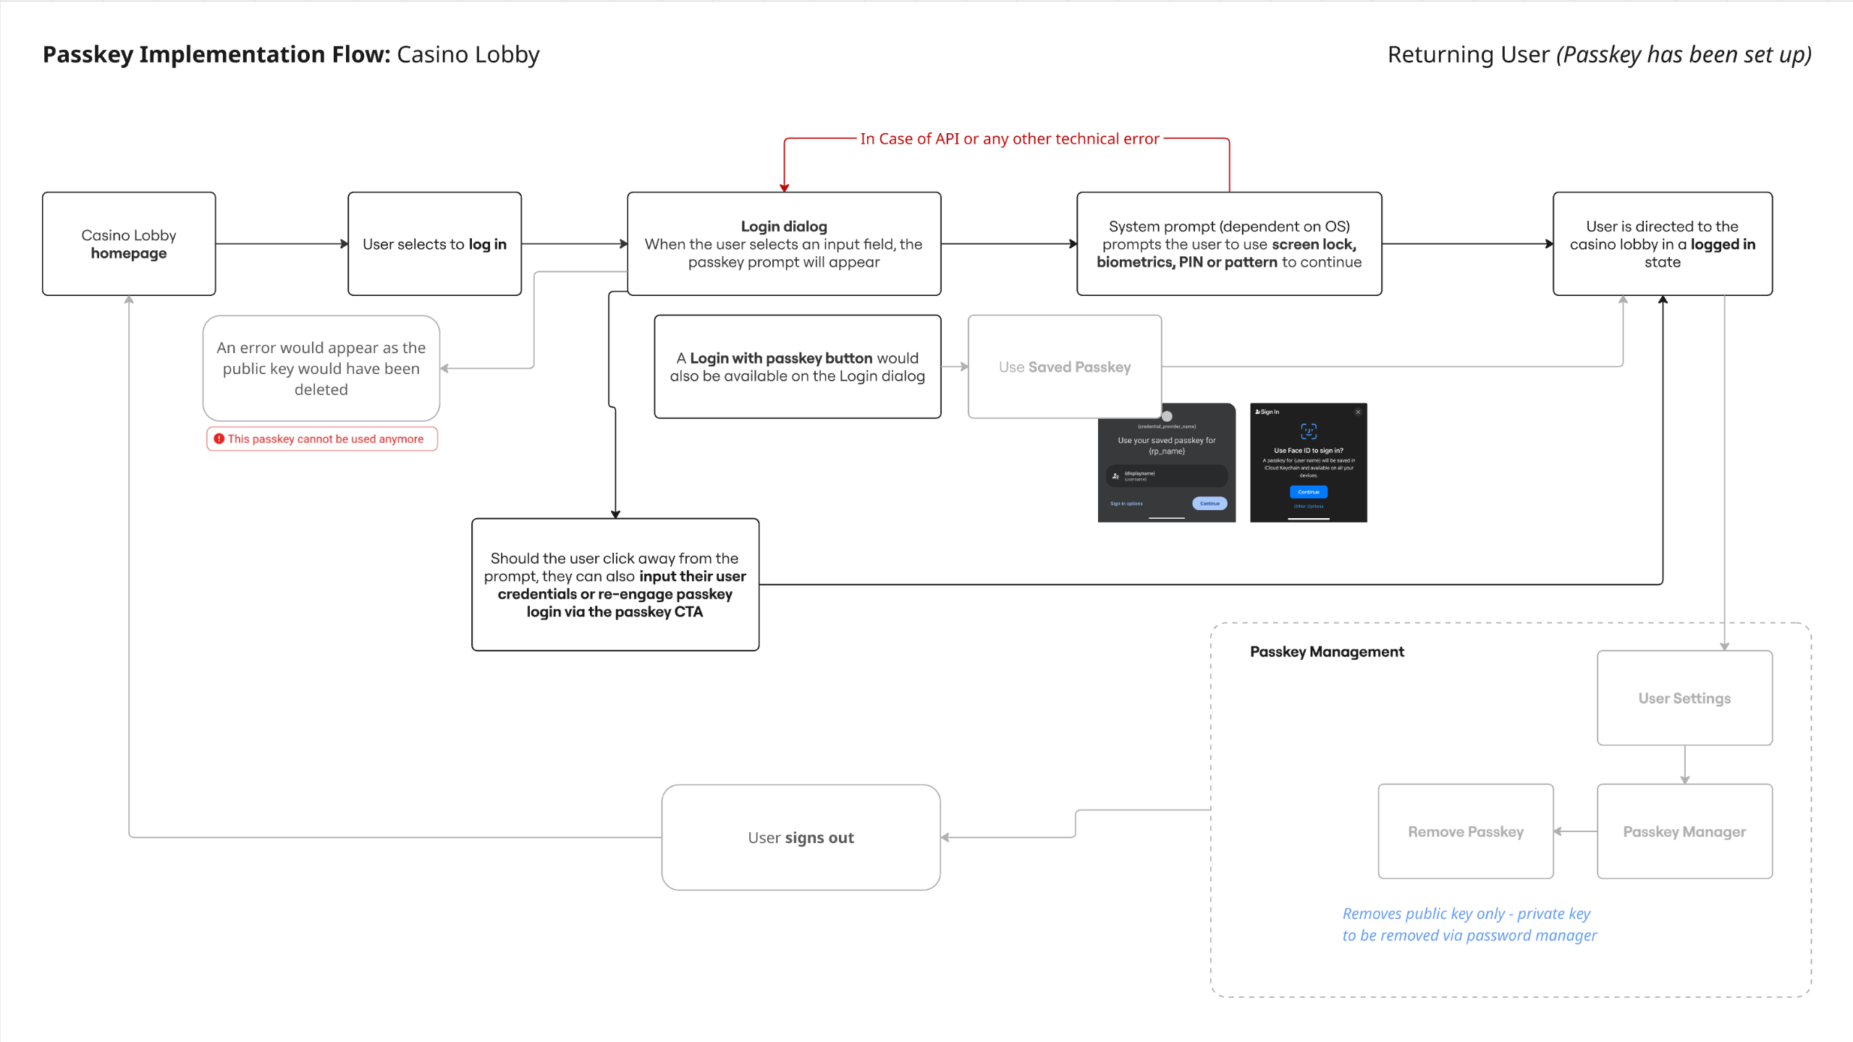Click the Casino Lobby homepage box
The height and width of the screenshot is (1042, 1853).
click(x=129, y=244)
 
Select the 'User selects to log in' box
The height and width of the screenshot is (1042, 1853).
click(x=434, y=244)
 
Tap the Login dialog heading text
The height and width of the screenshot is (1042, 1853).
click(x=784, y=226)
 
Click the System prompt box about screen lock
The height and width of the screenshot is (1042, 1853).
click(x=1228, y=244)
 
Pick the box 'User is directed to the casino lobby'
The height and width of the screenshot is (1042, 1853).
click(x=1662, y=244)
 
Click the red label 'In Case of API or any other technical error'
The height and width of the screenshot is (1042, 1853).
click(x=1009, y=139)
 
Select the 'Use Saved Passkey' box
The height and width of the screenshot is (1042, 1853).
click(x=1064, y=367)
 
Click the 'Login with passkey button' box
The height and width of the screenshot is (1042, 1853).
click(x=797, y=367)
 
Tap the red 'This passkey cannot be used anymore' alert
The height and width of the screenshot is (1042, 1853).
click(x=322, y=439)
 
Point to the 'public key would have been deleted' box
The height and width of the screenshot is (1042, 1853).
click(x=321, y=368)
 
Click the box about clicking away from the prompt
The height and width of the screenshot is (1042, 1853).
click(x=615, y=585)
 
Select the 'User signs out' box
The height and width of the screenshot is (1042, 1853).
click(x=801, y=837)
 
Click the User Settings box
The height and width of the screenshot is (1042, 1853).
click(x=1684, y=698)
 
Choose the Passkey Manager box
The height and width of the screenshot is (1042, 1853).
click(x=1684, y=831)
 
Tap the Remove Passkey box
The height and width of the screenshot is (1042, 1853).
click(x=1465, y=831)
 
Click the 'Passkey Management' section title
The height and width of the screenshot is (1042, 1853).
click(x=1327, y=652)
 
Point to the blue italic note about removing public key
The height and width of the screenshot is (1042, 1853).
click(x=1469, y=924)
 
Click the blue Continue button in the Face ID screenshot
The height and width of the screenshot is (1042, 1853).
click(x=1308, y=492)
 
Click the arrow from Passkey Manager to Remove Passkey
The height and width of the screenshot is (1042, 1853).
click(x=1575, y=831)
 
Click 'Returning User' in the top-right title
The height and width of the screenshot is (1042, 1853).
click(x=1468, y=55)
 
